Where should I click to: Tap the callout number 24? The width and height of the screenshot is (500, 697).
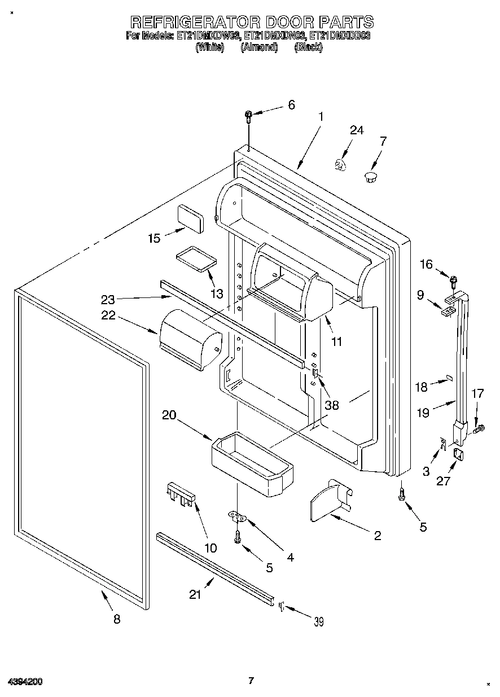pos(356,130)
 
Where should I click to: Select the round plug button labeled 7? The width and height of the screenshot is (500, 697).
pos(370,177)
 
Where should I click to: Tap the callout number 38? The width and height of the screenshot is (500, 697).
pos(332,405)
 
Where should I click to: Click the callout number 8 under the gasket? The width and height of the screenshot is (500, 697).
pos(117,619)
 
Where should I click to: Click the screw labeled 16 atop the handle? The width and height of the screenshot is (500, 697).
pos(453,279)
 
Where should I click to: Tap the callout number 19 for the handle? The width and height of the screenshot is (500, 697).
pos(423,413)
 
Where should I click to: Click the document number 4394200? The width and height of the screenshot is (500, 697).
pos(25,682)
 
